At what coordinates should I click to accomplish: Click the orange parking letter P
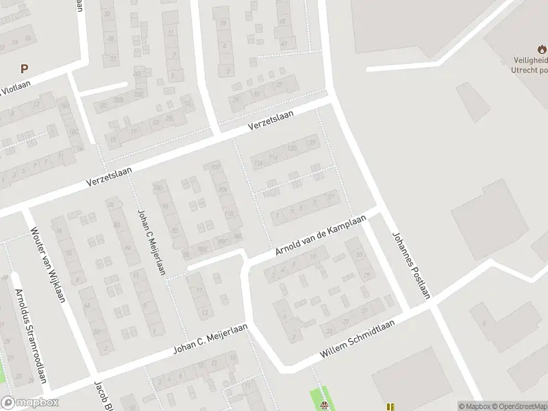24,68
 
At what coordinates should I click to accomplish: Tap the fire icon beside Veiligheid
542,49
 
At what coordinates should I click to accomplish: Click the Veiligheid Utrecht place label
529,64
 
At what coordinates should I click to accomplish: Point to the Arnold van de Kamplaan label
321,236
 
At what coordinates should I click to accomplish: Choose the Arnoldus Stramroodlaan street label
31,336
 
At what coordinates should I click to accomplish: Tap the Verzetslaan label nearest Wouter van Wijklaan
109,176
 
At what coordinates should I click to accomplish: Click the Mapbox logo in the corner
28,403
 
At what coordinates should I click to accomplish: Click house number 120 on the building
292,147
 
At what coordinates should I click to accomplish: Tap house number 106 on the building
216,166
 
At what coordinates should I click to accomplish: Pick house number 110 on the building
228,214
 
